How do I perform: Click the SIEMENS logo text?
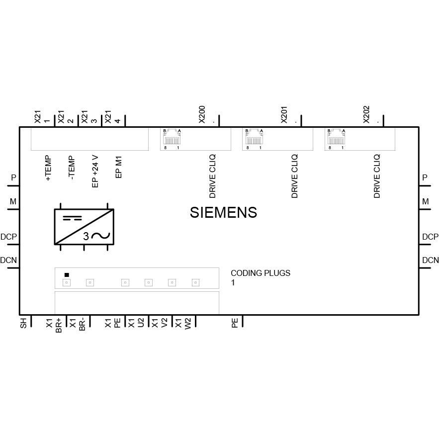(223, 212)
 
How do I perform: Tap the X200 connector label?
(202, 114)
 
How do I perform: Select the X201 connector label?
(284, 114)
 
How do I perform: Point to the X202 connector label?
(366, 114)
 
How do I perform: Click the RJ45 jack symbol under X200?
(172, 137)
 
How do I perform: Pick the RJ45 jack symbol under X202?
(336, 137)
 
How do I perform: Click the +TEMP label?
(48, 168)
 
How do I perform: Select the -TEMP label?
(72, 168)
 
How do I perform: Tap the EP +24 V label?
(95, 172)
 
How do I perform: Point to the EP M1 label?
(119, 167)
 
